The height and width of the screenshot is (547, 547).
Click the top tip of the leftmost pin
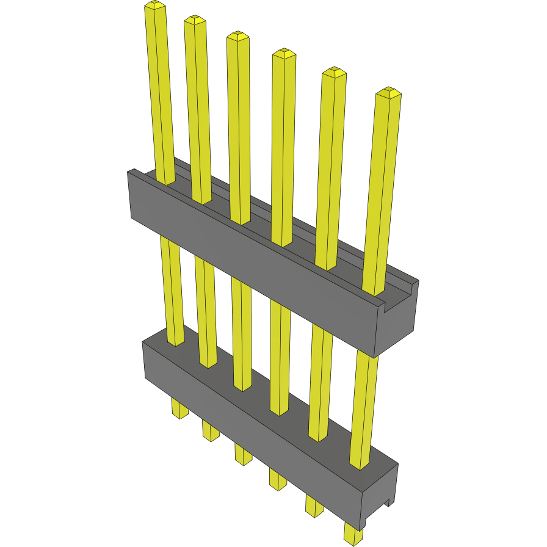pos(155,7)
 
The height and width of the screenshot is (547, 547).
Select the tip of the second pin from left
pos(195,20)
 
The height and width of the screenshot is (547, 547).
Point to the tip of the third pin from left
pos(237,36)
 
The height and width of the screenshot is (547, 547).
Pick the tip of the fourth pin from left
pos(284,54)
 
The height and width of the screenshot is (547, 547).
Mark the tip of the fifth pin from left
pos(334,72)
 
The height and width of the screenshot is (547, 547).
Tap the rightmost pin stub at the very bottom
pos(353,533)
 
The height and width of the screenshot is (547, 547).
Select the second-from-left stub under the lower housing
pos(211,430)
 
